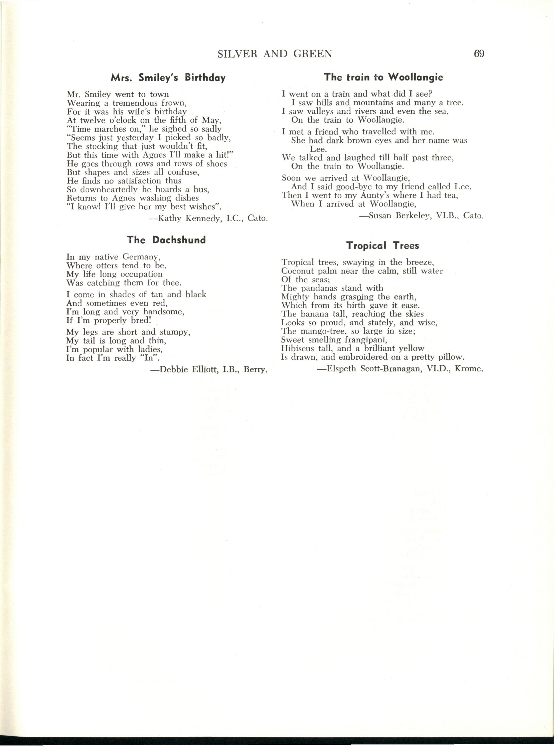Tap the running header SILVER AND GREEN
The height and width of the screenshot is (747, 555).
tap(275, 54)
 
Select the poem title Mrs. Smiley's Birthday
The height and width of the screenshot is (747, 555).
tap(168, 78)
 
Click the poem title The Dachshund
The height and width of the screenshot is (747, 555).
tap(166, 240)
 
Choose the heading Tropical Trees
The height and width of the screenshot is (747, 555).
tap(383, 246)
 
